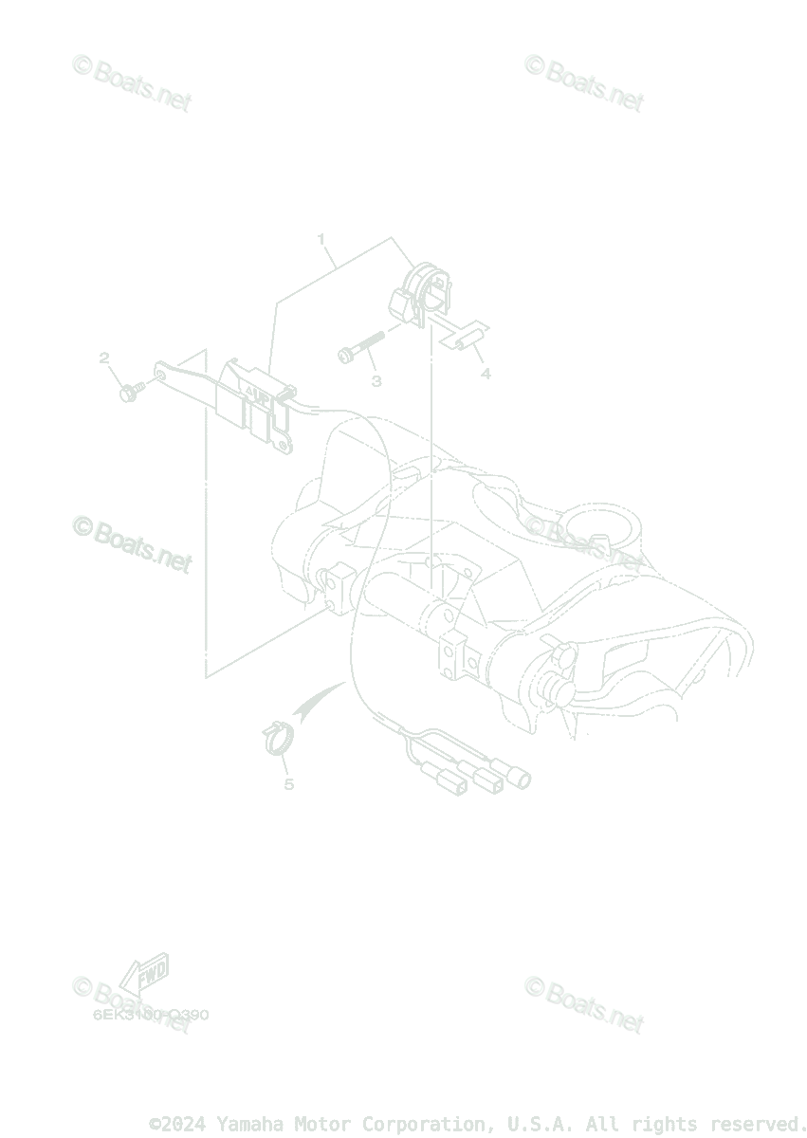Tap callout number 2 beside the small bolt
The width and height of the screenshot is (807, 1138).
(x=104, y=358)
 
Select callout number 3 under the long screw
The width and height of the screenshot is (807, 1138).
(x=376, y=381)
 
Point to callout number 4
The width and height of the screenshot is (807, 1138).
(x=486, y=374)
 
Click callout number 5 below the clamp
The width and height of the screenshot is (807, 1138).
(x=288, y=784)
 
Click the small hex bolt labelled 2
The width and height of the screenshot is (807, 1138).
(x=131, y=390)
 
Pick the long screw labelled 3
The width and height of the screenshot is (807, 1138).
(x=360, y=347)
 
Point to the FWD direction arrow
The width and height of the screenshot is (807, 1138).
(x=142, y=976)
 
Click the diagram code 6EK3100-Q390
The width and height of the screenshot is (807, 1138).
(x=150, y=1015)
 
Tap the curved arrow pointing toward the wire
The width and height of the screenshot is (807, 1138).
(x=319, y=701)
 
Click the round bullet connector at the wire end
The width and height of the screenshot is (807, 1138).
(x=521, y=780)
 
